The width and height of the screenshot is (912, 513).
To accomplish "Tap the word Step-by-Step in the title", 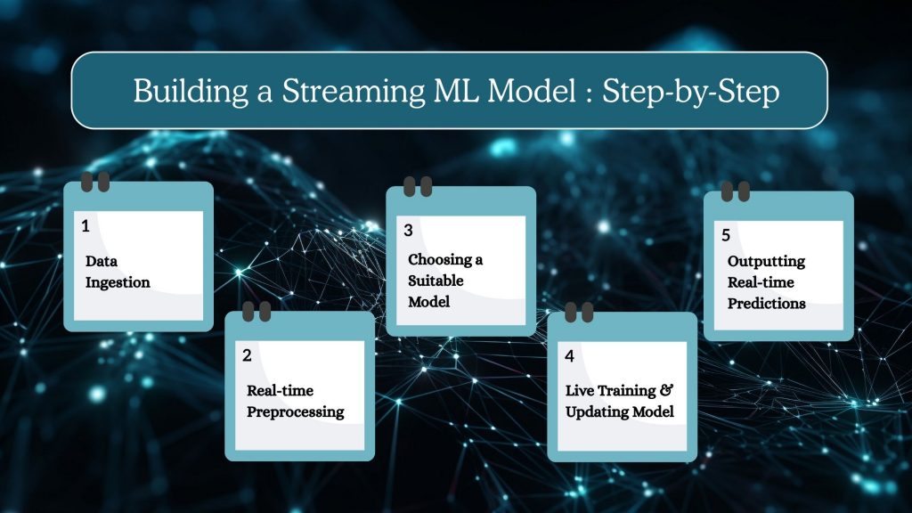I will tap(691, 91).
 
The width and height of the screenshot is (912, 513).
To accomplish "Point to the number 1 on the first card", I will tap(85, 226).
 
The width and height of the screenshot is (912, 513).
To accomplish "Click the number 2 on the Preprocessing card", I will tap(247, 355).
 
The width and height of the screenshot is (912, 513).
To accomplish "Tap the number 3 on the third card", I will tap(408, 230).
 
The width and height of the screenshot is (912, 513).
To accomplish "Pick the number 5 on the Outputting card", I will tap(726, 235).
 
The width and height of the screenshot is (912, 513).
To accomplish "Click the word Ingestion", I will tap(118, 283).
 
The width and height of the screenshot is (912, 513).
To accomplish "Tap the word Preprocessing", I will tap(295, 411).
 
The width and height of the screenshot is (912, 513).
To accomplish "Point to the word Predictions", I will tap(766, 303).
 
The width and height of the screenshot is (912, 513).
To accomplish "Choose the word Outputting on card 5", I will tap(766, 261).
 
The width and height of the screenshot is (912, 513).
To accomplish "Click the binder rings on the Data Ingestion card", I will tap(95, 182).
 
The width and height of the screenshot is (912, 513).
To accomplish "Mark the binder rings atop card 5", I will tap(735, 191).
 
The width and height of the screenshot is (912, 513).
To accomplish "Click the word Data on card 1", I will tap(102, 262).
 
